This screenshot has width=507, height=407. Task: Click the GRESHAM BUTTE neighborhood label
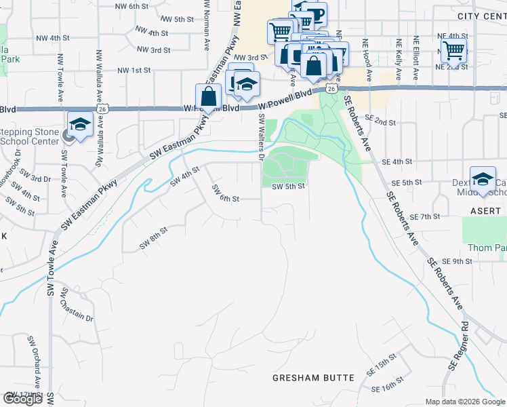(x=313, y=377)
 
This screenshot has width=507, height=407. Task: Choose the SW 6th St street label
(x=226, y=193)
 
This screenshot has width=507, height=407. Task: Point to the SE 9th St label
(x=456, y=261)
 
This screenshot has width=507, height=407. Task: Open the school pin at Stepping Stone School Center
(x=80, y=125)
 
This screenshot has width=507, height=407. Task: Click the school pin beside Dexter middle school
(x=483, y=179)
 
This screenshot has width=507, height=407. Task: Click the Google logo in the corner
(x=23, y=399)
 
